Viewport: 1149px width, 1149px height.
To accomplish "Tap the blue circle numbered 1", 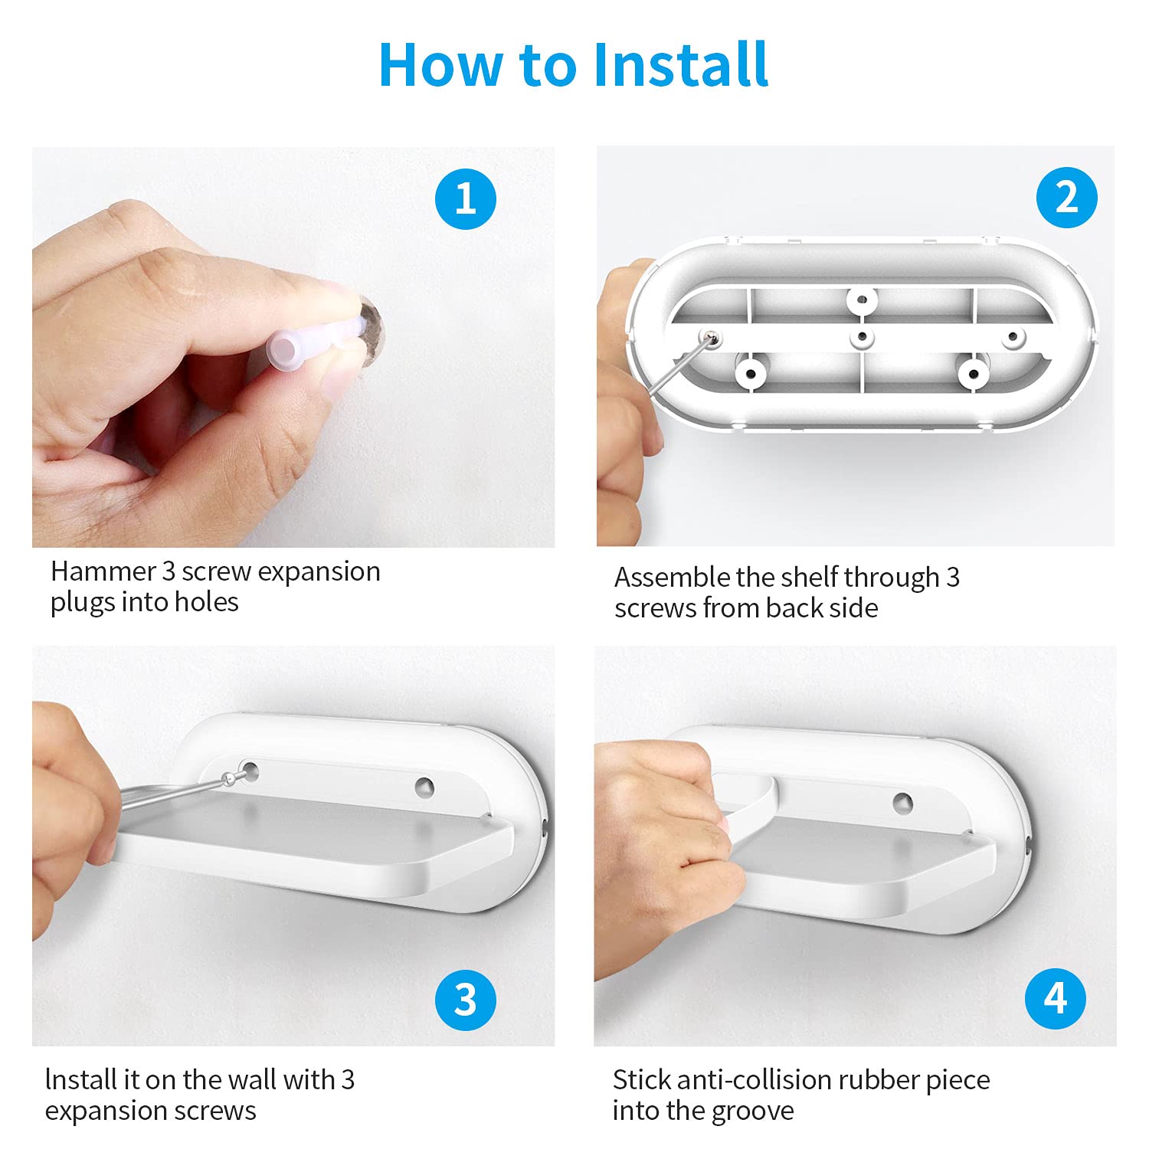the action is [x=466, y=199].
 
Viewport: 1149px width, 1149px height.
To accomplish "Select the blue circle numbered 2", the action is [x=1067, y=198].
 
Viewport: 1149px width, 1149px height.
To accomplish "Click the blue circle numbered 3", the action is [x=466, y=1000].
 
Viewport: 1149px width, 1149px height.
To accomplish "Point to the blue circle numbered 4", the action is [x=1056, y=999].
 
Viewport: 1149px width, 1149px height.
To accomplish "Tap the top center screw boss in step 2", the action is [x=862, y=300].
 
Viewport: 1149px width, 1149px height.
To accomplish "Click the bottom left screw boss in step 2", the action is [x=751, y=374].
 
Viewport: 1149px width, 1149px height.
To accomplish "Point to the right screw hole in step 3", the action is [x=424, y=787].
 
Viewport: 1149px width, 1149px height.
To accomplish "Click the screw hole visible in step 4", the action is [x=903, y=803].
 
